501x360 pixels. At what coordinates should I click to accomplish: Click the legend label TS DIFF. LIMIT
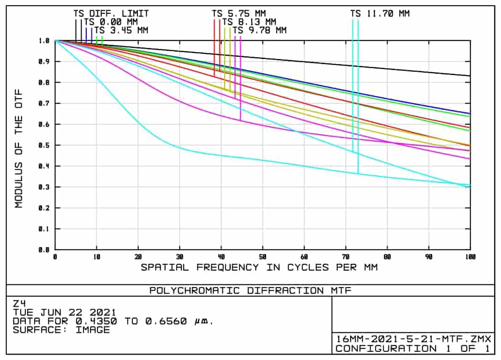point(111,14)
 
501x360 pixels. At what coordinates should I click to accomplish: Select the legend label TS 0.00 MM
point(111,22)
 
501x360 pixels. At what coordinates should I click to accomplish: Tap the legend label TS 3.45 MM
point(121,30)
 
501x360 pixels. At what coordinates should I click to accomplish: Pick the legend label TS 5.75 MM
point(239,14)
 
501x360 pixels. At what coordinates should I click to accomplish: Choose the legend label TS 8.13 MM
point(249,22)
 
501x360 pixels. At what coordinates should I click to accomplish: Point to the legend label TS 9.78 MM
point(259,30)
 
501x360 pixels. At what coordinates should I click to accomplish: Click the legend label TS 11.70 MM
point(380,14)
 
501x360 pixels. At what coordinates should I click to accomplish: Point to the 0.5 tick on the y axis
point(45,145)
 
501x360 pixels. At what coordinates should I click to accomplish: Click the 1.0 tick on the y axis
point(45,41)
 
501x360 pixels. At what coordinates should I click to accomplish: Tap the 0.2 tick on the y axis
point(45,208)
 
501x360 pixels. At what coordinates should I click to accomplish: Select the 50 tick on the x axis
point(262,257)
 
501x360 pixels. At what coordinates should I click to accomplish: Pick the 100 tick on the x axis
point(470,257)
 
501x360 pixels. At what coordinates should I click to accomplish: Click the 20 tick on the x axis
point(138,257)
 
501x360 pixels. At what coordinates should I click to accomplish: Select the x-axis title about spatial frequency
point(259,267)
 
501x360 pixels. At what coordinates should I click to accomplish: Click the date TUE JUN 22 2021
point(65,313)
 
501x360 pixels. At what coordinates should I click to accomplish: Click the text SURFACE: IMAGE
point(61,330)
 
